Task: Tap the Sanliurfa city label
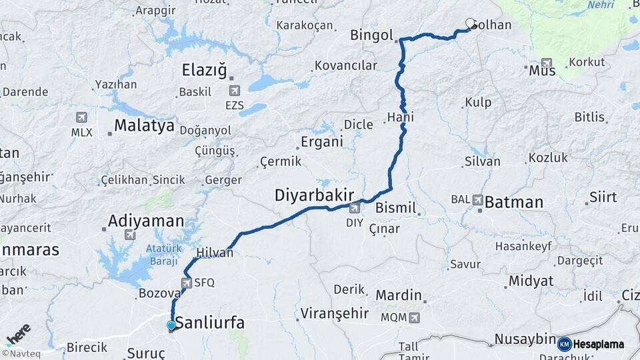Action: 209,323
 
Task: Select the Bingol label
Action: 372,35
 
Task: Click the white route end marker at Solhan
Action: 470,23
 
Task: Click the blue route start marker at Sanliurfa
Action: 171,325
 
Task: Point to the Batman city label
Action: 513,201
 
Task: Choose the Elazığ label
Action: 205,70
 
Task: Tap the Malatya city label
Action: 144,125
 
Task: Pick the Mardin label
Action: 399,295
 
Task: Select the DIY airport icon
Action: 354,209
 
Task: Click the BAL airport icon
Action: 477,199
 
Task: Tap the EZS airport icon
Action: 234,91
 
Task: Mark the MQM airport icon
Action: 415,317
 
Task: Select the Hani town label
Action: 400,117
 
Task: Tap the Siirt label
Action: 603,197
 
